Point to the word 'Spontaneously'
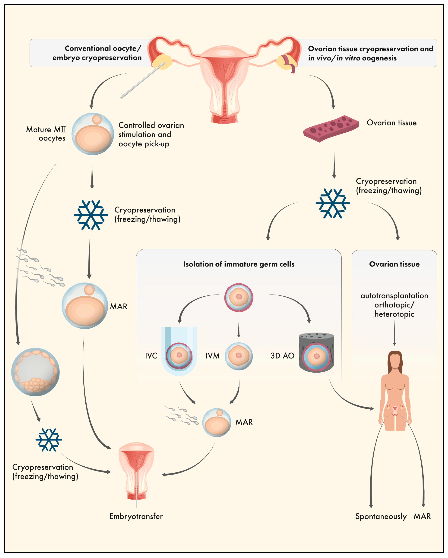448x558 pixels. point(381,517)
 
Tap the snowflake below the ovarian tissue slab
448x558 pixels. point(333,203)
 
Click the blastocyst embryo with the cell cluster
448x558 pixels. point(36,372)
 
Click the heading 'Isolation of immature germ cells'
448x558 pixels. point(239,264)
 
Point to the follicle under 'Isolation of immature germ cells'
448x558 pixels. point(239,298)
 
